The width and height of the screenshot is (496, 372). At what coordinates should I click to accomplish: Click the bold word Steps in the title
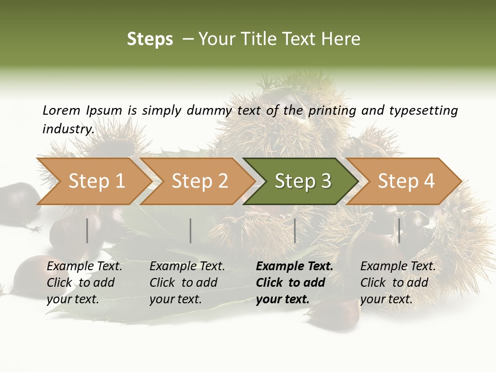point(150,39)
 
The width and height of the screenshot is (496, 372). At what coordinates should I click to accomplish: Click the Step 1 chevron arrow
point(93,181)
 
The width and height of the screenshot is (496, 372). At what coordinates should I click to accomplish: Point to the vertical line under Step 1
point(87,230)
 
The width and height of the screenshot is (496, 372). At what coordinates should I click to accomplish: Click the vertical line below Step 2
point(191,230)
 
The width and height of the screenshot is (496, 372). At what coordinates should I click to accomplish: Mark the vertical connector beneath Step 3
point(295,230)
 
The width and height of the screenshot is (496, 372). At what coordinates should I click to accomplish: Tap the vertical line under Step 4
point(399,230)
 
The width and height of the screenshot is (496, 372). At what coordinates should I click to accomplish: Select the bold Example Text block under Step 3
point(295,283)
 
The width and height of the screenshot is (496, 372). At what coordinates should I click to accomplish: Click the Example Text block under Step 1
point(84,283)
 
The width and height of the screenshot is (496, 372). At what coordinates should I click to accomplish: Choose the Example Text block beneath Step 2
point(187,283)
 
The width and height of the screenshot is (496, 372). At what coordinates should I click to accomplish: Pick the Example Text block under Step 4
point(398,283)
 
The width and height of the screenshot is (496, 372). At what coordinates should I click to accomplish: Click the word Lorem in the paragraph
point(61,111)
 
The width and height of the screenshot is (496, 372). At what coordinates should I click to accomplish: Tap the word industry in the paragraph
point(68,129)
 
